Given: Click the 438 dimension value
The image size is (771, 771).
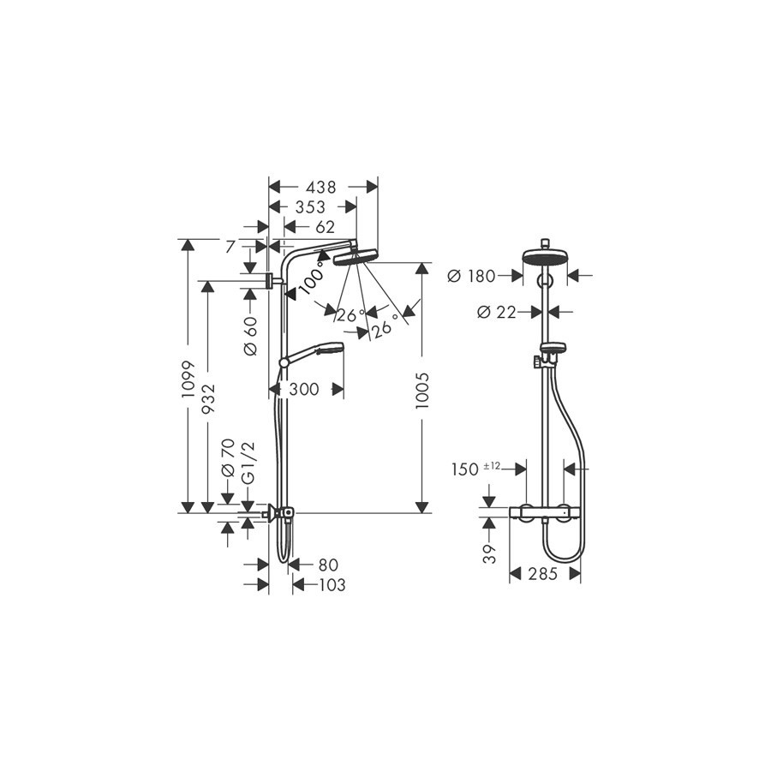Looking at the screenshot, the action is [320, 187].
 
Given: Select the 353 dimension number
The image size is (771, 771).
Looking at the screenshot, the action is [310, 207].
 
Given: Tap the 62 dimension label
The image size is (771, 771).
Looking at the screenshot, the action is [325, 227].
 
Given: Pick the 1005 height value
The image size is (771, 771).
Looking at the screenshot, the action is [422, 391].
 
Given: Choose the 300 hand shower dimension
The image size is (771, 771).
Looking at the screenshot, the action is [304, 390].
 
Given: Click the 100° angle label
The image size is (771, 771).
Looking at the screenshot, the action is [312, 278].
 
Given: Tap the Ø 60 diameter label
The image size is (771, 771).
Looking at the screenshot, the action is [250, 336].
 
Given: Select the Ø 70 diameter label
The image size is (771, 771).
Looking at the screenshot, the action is [228, 458].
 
